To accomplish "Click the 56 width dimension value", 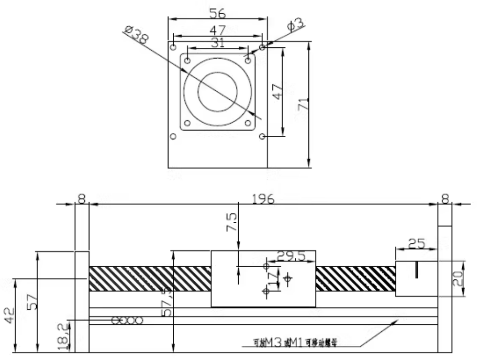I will [x=217, y=12].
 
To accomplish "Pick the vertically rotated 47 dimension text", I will [x=277, y=91].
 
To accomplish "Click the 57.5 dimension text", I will [x=166, y=303].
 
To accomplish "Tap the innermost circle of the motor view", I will [x=218, y=91].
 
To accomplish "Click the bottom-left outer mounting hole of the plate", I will [x=173, y=136].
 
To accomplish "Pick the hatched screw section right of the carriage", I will [x=355, y=278].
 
